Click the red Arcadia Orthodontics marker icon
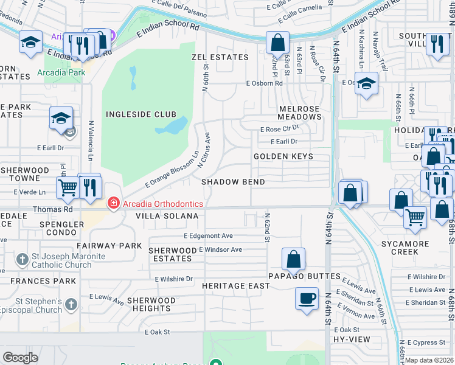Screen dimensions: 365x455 pyautogui.click(x=113, y=203)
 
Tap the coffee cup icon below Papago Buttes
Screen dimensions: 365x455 pyautogui.click(x=307, y=298)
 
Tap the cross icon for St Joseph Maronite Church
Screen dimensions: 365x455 pyautogui.click(x=21, y=260)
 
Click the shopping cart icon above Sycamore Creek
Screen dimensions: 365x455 pyautogui.click(x=415, y=216)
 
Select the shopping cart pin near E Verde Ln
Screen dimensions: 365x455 pyautogui.click(x=68, y=187)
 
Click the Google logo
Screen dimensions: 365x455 pyautogui.click(x=20, y=357)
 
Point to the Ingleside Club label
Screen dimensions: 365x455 pyautogui.click(x=141, y=114)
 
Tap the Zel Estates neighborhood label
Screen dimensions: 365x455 pyautogui.click(x=220, y=57)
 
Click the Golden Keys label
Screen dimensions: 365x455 pyautogui.click(x=283, y=156)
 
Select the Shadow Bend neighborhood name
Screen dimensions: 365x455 pyautogui.click(x=233, y=182)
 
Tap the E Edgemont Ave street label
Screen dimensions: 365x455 pyautogui.click(x=208, y=235)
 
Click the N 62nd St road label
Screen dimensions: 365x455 pyautogui.click(x=266, y=227)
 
